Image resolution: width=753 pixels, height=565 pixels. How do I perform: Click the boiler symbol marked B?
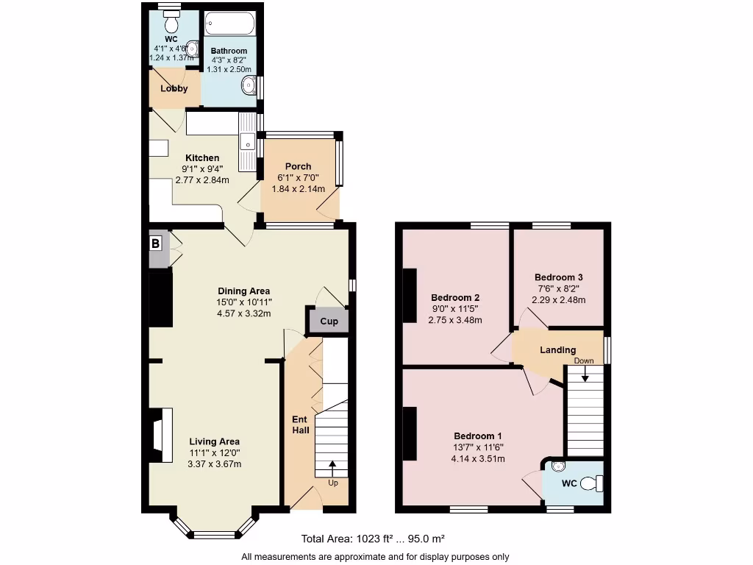[x=156, y=244]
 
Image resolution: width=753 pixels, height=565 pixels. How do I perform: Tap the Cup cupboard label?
[x=328, y=322]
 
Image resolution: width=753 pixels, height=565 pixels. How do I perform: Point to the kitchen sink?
[x=246, y=140]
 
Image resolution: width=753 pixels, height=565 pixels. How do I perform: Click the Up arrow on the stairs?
[x=332, y=466]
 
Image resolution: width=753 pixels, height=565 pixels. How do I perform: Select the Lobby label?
[x=174, y=88]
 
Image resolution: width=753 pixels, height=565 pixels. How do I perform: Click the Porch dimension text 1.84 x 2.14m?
[x=298, y=188]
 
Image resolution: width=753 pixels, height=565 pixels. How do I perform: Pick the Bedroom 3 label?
[x=559, y=277]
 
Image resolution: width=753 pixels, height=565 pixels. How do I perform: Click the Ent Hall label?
[x=300, y=424]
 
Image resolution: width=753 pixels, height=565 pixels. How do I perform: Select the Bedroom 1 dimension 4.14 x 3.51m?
[x=478, y=458]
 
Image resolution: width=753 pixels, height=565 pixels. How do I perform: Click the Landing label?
[x=557, y=350]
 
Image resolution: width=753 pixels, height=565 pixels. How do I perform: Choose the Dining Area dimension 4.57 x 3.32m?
[x=243, y=313]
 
